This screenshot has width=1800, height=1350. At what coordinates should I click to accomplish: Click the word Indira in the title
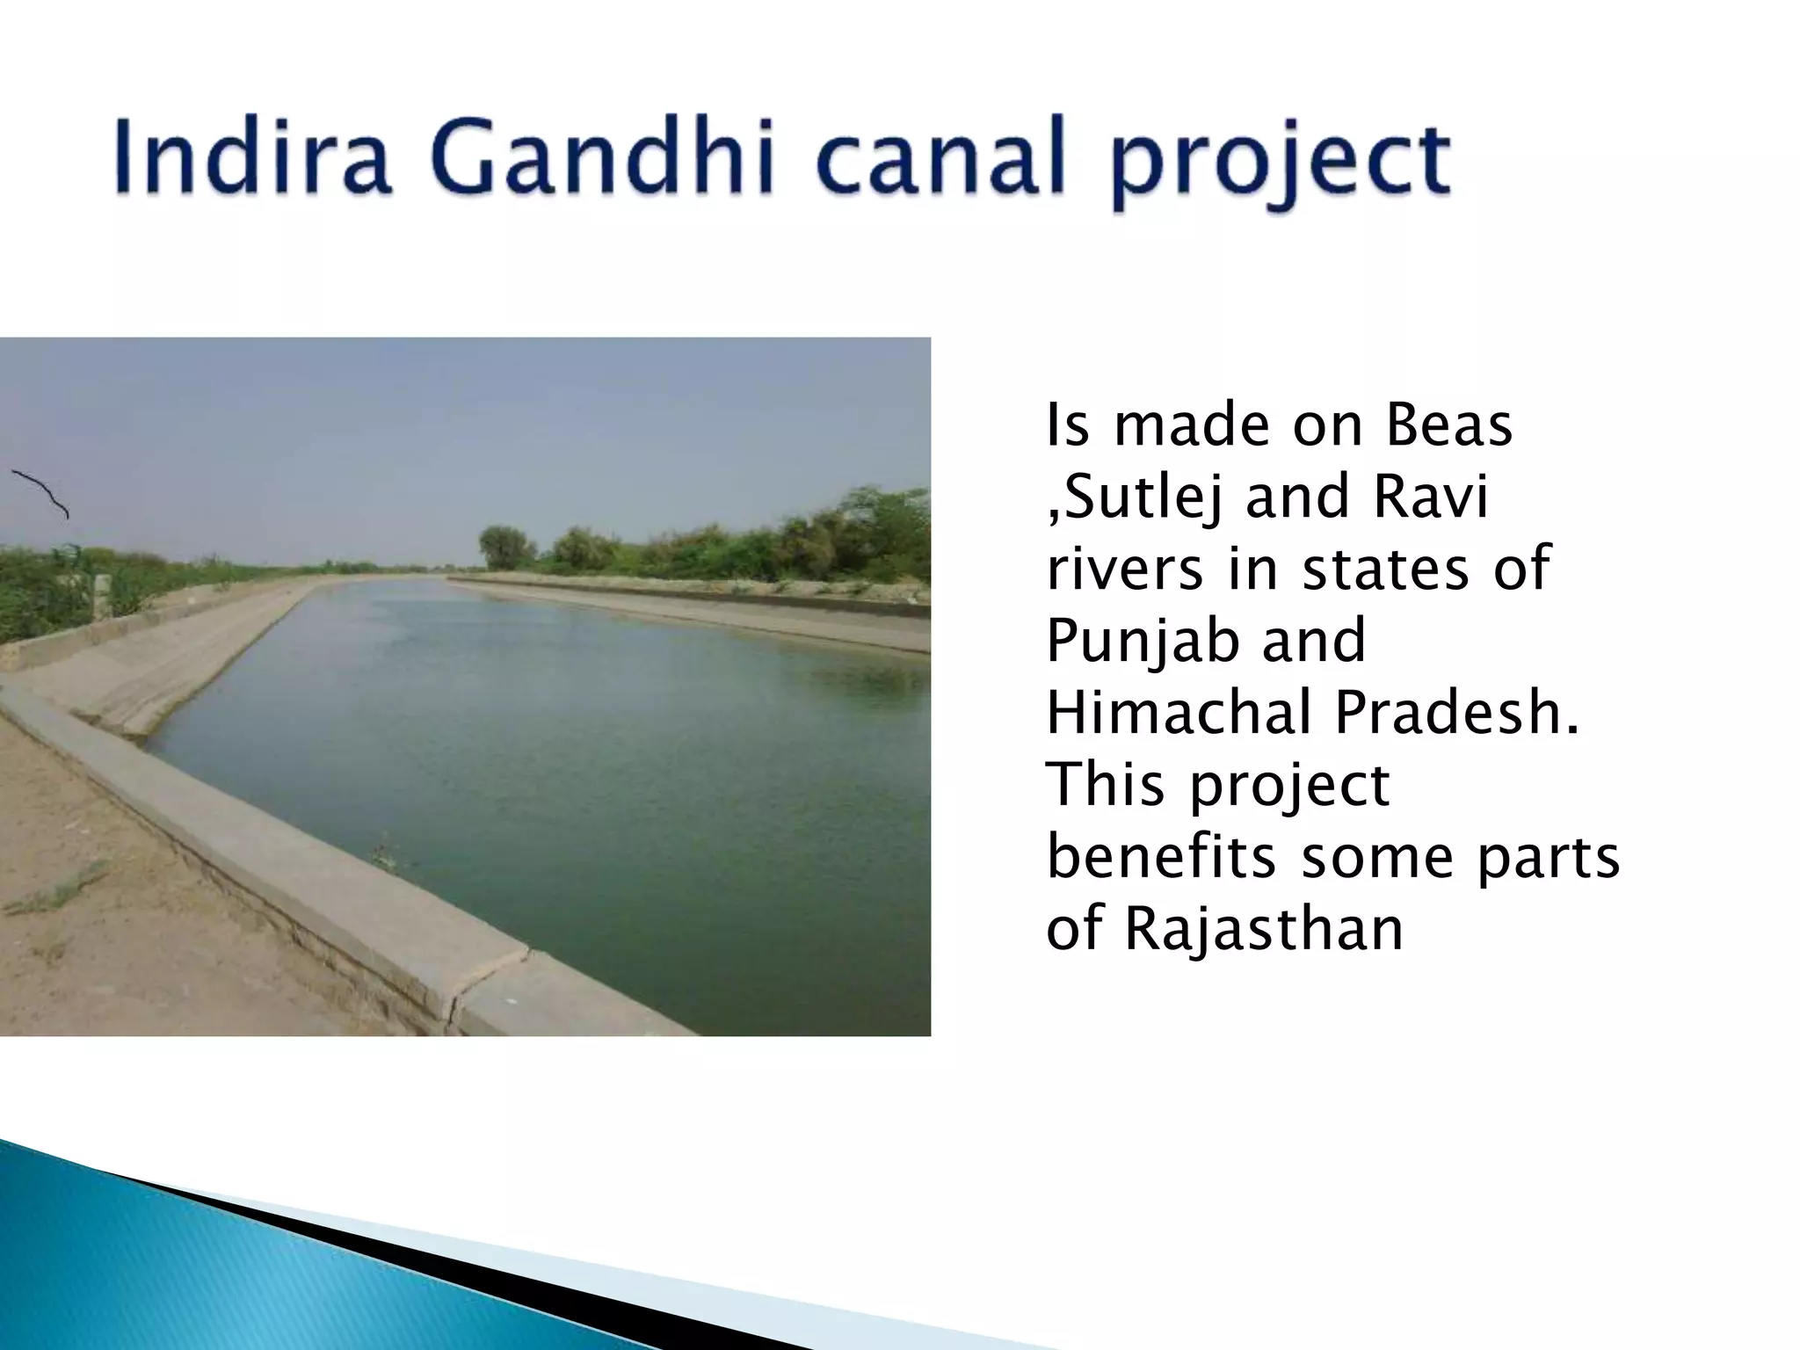251,160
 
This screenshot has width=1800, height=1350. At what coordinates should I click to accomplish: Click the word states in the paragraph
1383,569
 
